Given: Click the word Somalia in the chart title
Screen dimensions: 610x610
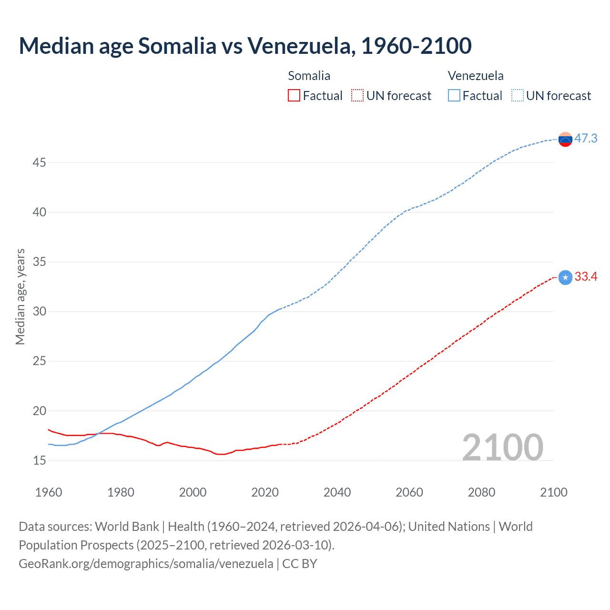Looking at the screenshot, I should (x=177, y=46).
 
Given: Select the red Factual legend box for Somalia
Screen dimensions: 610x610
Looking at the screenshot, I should (x=294, y=96).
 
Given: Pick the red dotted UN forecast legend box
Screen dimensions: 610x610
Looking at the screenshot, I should (x=357, y=96).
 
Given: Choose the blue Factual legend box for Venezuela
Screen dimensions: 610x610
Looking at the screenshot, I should (x=454, y=96).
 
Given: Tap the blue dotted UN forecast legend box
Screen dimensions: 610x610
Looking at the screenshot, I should (x=518, y=96).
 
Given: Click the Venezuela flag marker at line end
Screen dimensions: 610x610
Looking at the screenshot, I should (x=565, y=140).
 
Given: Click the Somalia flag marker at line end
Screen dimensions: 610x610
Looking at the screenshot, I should (x=565, y=277).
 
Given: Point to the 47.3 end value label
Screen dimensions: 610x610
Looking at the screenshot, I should (x=586, y=139).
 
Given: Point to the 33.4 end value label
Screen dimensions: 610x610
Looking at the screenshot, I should (x=586, y=277).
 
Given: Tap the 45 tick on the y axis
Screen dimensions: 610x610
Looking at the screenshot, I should (x=39, y=163).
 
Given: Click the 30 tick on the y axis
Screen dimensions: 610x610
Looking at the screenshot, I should (x=39, y=312).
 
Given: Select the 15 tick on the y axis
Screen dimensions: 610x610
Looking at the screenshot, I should (x=39, y=461).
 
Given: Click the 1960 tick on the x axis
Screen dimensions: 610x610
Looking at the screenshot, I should (x=49, y=492).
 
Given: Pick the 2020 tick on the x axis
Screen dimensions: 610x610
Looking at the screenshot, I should (x=265, y=492).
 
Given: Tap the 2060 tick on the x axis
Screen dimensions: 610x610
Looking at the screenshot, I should (x=409, y=492).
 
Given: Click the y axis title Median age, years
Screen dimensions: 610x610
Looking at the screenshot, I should (x=20, y=296).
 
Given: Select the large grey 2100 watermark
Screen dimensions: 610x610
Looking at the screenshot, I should (x=503, y=447).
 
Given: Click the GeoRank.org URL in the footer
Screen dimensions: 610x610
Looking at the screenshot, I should (x=146, y=564).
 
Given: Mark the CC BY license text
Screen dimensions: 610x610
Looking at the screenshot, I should (x=300, y=564).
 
